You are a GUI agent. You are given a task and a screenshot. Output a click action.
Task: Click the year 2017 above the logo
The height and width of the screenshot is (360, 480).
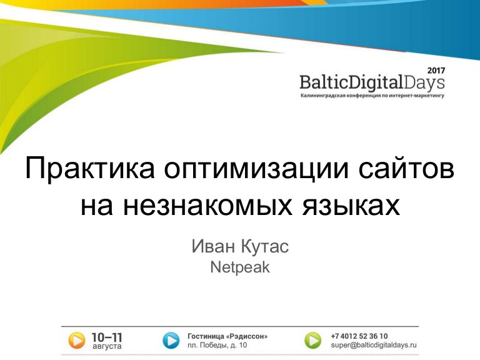point(436,71)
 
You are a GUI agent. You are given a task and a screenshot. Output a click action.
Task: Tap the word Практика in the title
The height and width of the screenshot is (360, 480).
point(90,169)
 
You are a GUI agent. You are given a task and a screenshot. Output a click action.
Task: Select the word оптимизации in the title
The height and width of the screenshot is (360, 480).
point(256,169)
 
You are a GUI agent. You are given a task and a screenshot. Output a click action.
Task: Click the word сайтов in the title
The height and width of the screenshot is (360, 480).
point(406,168)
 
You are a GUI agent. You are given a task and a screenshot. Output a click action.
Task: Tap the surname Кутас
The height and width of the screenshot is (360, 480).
point(265,246)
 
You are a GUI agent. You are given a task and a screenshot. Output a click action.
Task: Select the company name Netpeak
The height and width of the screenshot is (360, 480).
point(240,267)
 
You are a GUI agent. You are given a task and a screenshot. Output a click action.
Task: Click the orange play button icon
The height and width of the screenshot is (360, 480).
point(76,341)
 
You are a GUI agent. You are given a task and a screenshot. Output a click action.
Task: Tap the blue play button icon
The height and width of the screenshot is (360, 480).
point(171,341)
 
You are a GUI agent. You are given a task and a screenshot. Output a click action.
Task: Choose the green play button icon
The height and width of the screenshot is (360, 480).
point(313,341)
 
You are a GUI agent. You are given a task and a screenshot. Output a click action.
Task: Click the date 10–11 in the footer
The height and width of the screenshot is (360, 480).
point(107,337)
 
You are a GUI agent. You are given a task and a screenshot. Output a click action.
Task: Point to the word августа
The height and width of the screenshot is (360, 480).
point(107,346)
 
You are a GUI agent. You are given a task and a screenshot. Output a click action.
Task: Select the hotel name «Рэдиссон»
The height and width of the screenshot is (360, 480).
point(246,336)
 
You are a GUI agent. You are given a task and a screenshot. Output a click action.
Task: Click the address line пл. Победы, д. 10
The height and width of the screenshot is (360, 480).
point(217,345)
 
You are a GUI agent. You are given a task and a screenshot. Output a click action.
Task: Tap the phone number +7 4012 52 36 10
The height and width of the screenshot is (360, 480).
point(359,336)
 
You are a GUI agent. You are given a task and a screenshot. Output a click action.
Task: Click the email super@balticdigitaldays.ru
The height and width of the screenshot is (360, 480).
point(374,345)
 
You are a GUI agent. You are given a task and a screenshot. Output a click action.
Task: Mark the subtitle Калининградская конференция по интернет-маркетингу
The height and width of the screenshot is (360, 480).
point(372,96)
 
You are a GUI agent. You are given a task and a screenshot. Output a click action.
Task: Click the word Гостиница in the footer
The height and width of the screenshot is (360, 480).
point(206,336)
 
